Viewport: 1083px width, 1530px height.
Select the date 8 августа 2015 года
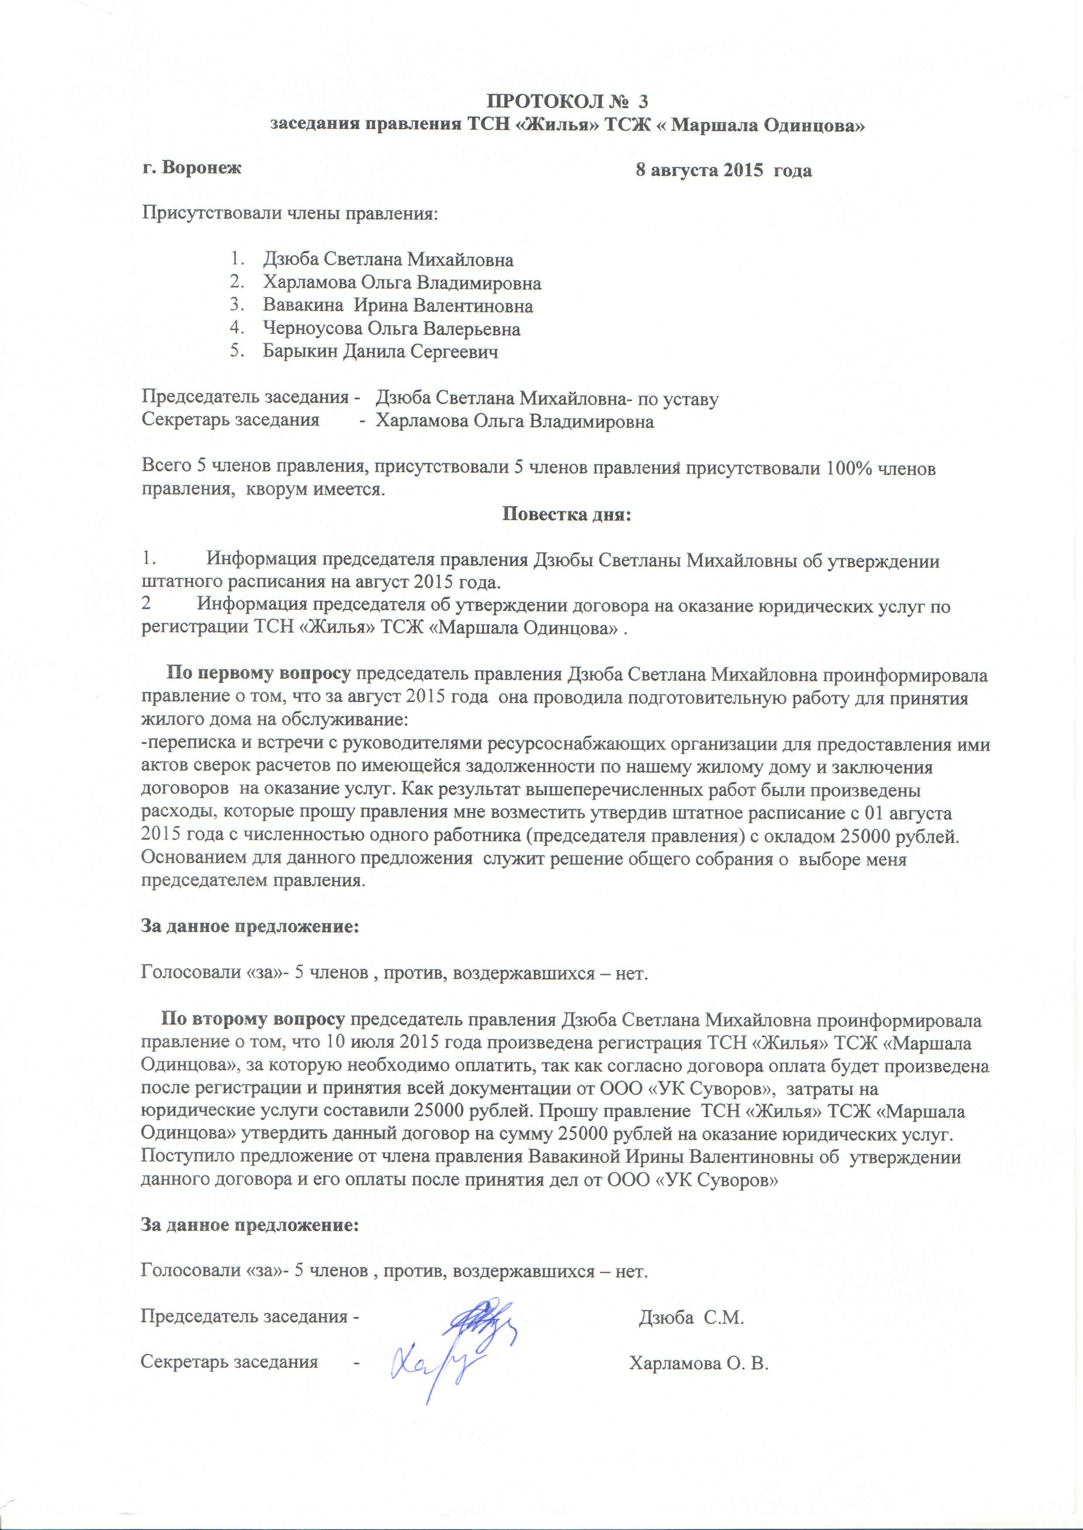724,171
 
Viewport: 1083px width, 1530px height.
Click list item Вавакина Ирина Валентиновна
397,306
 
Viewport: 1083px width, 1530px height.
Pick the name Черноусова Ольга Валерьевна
391,329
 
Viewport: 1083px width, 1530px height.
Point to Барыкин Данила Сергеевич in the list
380,351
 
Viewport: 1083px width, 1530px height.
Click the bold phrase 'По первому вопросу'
258,674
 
